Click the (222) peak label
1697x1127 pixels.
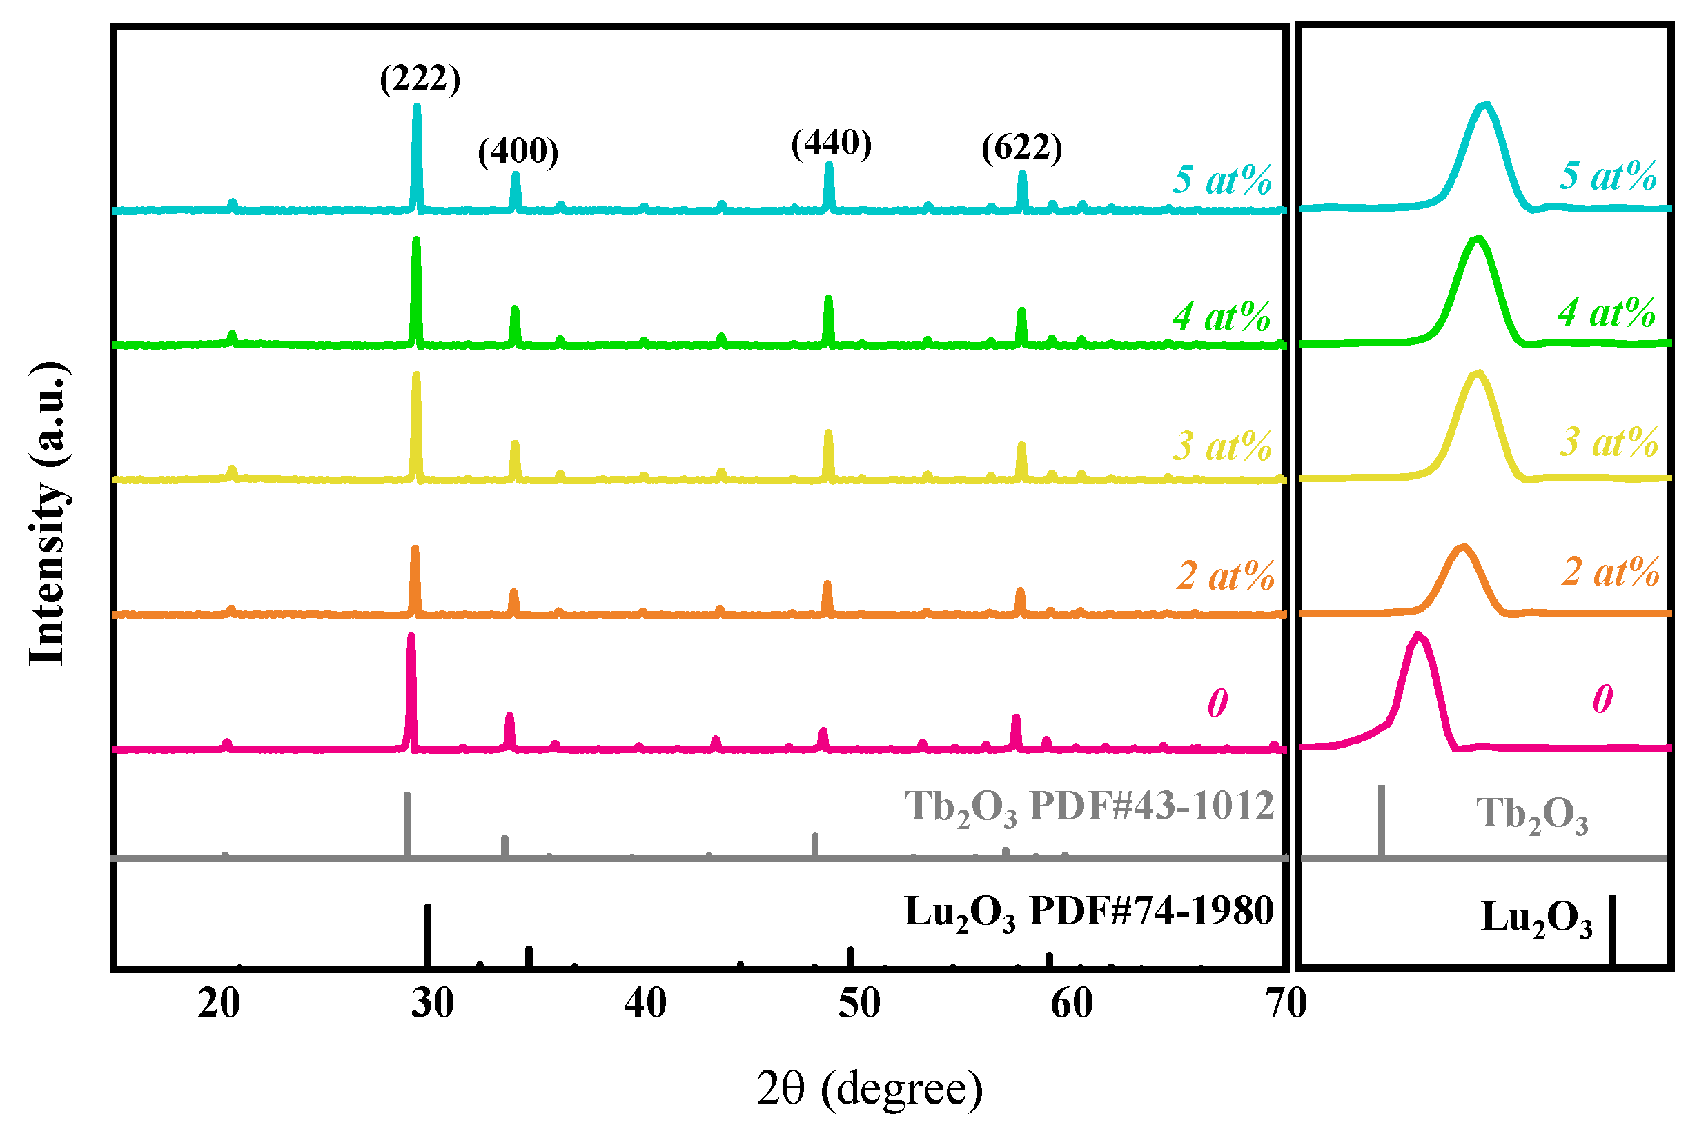[420, 79]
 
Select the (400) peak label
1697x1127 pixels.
[518, 151]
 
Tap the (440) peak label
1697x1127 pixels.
[831, 143]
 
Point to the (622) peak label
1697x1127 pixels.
[1022, 148]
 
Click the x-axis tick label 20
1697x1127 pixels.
[219, 1004]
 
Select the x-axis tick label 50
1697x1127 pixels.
[859, 1004]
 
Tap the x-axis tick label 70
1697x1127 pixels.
[1286, 1004]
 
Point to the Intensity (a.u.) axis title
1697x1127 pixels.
[48, 513]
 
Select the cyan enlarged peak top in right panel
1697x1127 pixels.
[1484, 106]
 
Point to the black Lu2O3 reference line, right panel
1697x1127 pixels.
[1612, 930]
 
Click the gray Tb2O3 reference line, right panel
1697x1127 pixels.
[1382, 821]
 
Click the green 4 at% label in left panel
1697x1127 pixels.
[1221, 317]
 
